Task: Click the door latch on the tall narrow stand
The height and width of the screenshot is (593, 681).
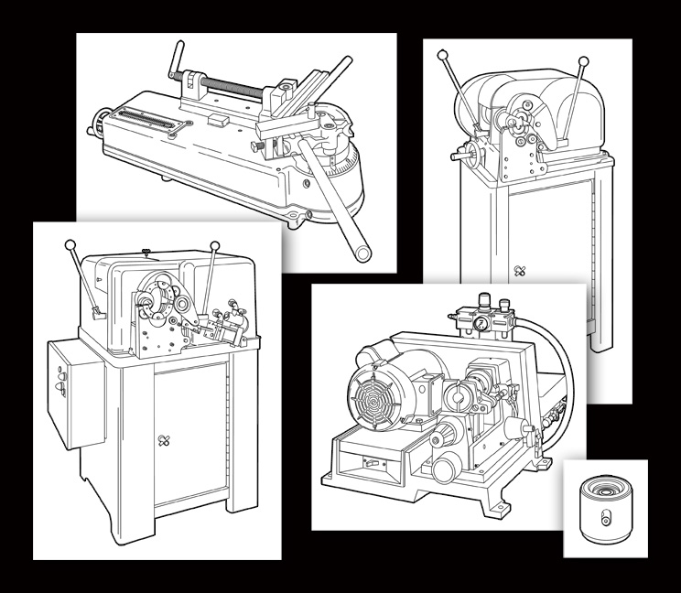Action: tap(520, 271)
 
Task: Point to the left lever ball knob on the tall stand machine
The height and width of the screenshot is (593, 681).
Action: tap(442, 56)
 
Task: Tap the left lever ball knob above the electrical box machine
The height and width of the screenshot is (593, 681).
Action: tap(70, 244)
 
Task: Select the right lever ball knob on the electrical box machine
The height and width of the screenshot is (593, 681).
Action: tap(215, 245)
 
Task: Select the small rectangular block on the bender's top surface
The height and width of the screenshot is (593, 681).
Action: tap(217, 118)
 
